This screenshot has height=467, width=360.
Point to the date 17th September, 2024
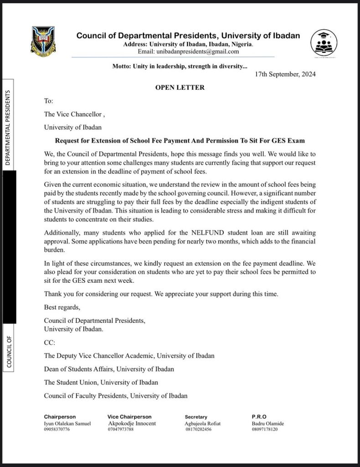tap(286, 74)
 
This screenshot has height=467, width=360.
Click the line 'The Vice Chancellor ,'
tap(75, 114)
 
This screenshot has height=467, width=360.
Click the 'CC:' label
tap(50, 342)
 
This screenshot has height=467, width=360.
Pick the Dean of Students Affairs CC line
tap(109, 368)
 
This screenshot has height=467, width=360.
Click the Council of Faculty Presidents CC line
tap(116, 395)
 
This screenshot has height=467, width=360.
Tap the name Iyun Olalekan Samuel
tap(67, 423)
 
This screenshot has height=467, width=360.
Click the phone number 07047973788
tap(121, 430)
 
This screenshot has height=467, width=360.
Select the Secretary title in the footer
tap(196, 417)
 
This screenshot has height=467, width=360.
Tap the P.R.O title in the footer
tap(259, 417)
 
